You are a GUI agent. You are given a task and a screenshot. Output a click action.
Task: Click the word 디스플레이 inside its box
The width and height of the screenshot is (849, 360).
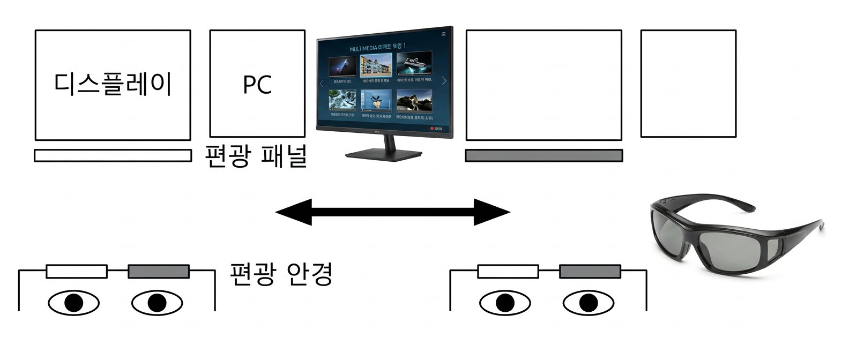(113, 85)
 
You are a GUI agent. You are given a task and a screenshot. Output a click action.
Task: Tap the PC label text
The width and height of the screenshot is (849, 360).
(257, 85)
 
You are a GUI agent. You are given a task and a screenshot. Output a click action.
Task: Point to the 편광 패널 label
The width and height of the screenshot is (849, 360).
(256, 156)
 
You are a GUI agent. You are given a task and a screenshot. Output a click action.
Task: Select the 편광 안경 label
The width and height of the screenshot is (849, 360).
(281, 273)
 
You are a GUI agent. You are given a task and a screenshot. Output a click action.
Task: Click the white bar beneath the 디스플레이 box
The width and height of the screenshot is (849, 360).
(113, 155)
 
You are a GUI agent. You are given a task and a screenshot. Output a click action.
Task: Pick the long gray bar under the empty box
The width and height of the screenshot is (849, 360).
(543, 155)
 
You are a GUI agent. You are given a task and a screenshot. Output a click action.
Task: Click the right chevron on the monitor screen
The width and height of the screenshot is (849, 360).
(444, 81)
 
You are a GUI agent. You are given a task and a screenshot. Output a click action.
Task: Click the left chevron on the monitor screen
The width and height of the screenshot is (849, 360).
(322, 83)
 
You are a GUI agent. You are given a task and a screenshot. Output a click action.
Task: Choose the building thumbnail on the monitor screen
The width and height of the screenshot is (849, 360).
(376, 66)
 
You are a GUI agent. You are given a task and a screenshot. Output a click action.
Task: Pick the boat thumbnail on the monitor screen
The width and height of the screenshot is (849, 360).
(414, 64)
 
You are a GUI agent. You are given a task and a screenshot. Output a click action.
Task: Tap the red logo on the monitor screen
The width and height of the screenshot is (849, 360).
(433, 129)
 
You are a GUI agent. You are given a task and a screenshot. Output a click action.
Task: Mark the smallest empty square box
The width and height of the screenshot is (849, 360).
(688, 84)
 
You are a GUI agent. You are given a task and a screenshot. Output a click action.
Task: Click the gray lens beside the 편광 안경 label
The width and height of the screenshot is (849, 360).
(159, 272)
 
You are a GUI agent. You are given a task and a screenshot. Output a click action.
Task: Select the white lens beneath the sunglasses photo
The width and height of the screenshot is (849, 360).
(508, 272)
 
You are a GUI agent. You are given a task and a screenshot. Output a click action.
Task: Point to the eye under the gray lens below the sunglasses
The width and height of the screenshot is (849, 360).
(588, 303)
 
